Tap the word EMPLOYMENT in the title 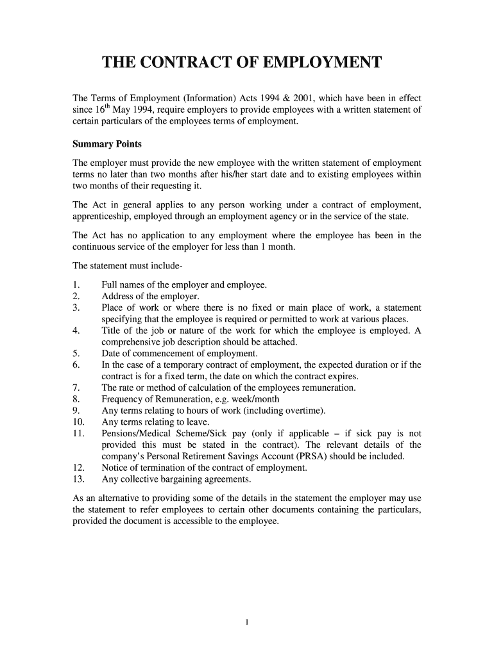[x=314, y=63]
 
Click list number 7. [x=76, y=388]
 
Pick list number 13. [x=78, y=479]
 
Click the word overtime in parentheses [x=304, y=411]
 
